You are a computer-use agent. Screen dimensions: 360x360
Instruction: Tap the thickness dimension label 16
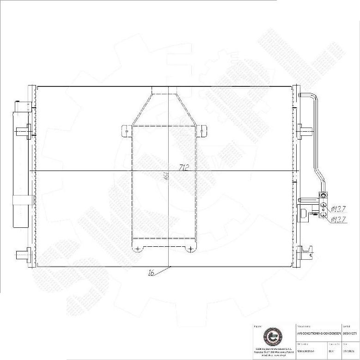pyautogui.click(x=151, y=273)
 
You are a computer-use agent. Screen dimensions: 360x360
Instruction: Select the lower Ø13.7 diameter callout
pyautogui.click(x=339, y=220)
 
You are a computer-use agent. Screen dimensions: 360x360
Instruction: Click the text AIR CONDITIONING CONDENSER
pyautogui.click(x=318, y=333)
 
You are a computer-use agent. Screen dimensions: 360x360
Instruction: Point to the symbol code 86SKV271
pyautogui.click(x=350, y=333)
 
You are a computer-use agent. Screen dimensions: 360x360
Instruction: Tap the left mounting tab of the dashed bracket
pyautogui.click(x=126, y=130)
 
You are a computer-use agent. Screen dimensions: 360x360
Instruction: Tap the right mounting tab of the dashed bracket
pyautogui.click(x=202, y=130)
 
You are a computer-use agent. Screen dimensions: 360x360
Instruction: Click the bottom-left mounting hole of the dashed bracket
pyautogui.click(x=137, y=249)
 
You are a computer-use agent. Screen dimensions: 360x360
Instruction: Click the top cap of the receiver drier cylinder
pyautogui.click(x=20, y=105)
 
